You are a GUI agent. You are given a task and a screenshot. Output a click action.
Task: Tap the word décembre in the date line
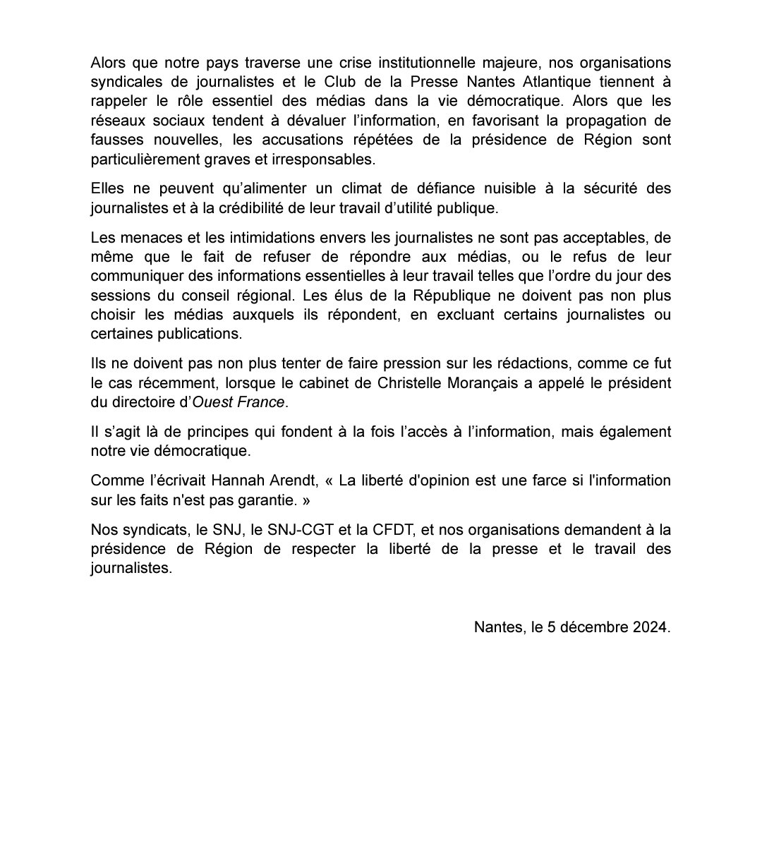point(593,627)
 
